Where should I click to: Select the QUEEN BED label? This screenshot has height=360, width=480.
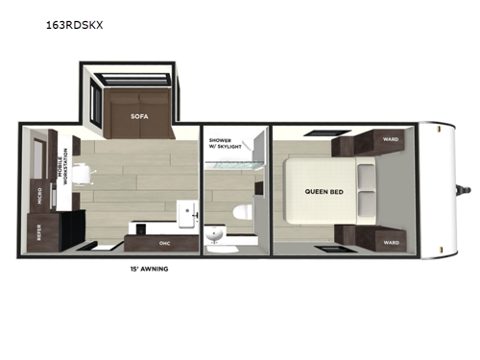click(x=324, y=190)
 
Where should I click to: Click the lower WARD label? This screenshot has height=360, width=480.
click(x=391, y=242)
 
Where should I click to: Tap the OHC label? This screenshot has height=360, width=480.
click(x=164, y=228)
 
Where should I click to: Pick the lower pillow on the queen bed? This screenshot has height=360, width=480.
click(x=366, y=204)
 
